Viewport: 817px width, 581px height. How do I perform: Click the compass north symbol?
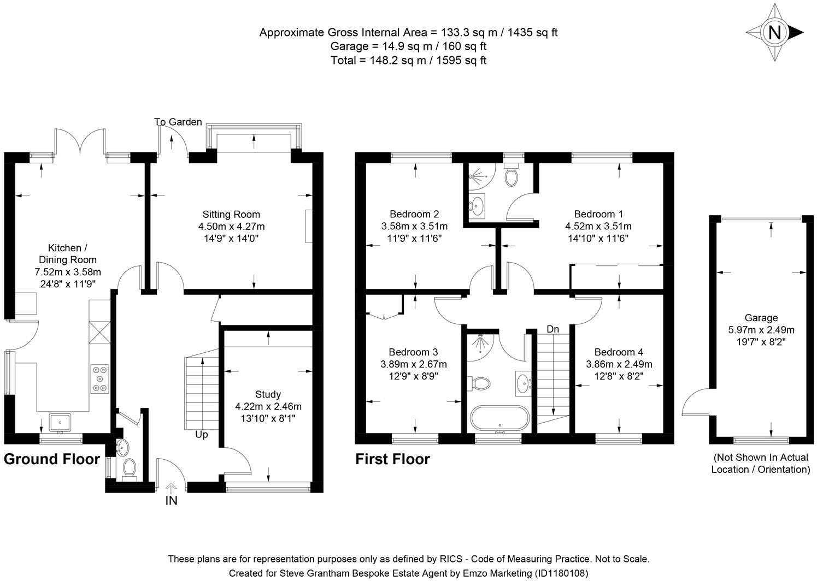point(775,33)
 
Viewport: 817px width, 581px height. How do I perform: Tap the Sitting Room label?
point(231,214)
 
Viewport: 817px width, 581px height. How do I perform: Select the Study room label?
point(268,394)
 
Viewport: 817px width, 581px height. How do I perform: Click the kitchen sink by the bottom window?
point(59,422)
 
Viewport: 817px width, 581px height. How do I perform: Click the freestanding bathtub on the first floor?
point(499,418)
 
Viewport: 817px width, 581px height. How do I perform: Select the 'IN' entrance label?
point(171,501)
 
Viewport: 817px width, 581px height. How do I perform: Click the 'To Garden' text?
point(178,122)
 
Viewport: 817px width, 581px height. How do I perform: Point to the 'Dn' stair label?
point(552,329)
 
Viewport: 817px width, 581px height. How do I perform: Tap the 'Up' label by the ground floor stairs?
point(202,435)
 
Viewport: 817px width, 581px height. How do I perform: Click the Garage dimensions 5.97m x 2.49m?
point(761,330)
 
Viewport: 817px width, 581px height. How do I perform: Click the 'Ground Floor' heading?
point(52,459)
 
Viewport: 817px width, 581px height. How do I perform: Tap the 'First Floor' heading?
point(392,459)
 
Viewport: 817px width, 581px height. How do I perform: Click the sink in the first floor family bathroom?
point(523,382)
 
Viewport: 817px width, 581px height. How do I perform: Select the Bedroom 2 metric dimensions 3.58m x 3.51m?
point(414,226)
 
